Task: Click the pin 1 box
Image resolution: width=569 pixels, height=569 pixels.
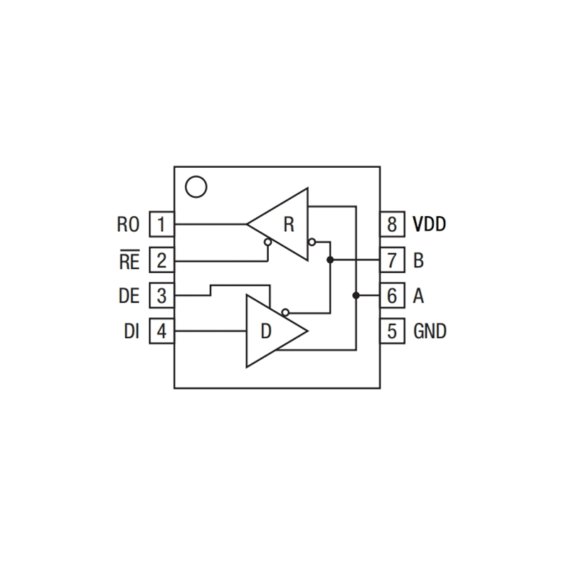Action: click(x=161, y=225)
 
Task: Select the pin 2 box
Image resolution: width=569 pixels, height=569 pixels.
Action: click(x=161, y=260)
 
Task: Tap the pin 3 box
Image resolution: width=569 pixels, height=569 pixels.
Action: click(x=161, y=295)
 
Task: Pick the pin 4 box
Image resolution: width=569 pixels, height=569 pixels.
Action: click(x=161, y=331)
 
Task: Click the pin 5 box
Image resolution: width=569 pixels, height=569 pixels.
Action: click(x=392, y=331)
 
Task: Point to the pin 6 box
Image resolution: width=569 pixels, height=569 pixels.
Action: click(x=392, y=295)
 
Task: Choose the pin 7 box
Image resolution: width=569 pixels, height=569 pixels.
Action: click(x=392, y=260)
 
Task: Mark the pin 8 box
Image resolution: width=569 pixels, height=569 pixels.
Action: click(x=392, y=225)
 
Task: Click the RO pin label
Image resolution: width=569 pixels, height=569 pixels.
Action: click(x=129, y=225)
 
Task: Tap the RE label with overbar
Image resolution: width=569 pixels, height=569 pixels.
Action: click(x=129, y=261)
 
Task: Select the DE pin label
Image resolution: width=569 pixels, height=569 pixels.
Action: click(x=129, y=295)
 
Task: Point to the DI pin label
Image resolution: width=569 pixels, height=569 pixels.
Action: click(x=131, y=331)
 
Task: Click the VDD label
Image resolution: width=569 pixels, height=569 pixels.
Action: click(x=430, y=225)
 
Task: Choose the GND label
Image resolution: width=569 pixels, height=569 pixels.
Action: click(x=430, y=331)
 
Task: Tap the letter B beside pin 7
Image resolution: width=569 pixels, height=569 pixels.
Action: click(x=418, y=260)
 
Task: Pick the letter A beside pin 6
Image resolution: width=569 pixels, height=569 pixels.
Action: click(x=418, y=295)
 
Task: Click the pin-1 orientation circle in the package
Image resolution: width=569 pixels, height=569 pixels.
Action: click(x=195, y=187)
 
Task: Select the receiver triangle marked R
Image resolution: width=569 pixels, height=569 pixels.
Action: click(x=284, y=225)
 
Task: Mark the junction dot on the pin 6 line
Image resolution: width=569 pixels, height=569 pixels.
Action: click(x=355, y=295)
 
